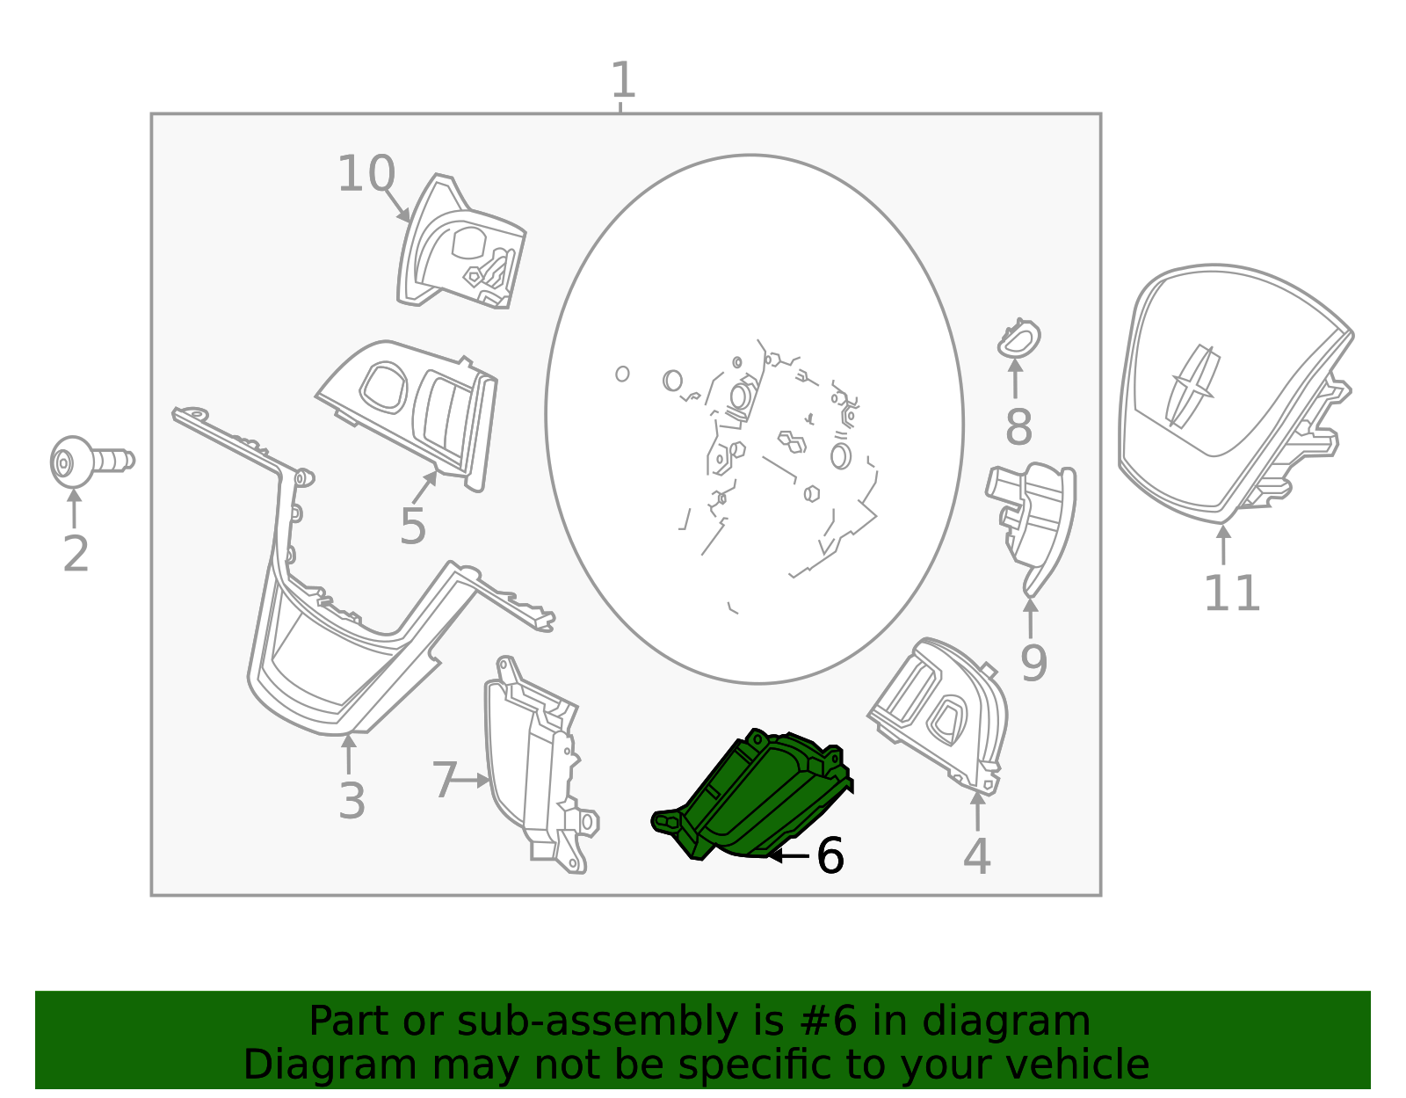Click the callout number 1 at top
click(622, 81)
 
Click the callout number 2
click(76, 554)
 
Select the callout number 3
click(351, 801)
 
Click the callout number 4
click(976, 856)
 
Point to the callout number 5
click(412, 527)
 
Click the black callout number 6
click(830, 855)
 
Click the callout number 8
click(1018, 428)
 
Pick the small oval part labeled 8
click(1018, 338)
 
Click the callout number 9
click(1033, 663)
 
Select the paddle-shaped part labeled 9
click(1037, 519)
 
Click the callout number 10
click(366, 174)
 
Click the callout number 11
click(1231, 593)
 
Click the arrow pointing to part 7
click(475, 780)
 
